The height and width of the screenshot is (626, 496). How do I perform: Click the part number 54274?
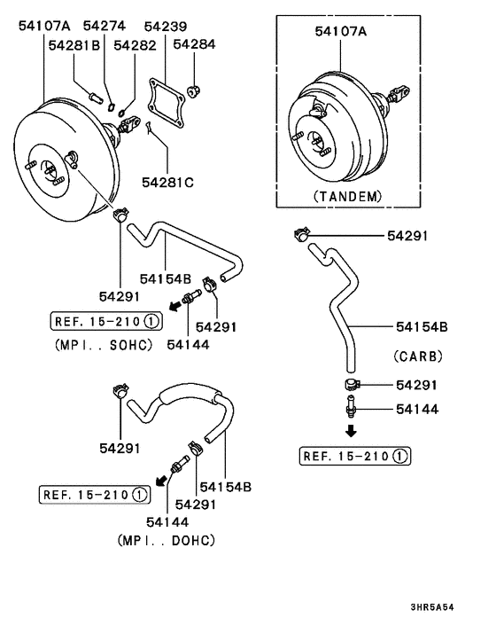pos(104,26)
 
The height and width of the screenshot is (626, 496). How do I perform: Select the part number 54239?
pos(166,27)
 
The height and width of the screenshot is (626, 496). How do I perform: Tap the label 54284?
pos(194,44)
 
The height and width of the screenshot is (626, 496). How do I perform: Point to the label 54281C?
pos(168,183)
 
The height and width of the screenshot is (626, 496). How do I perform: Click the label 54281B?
pos(74,45)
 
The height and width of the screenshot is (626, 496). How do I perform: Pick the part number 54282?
pos(135,45)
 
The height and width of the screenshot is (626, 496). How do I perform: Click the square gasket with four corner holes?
pos(167,104)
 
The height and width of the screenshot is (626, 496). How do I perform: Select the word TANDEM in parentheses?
pos(348,197)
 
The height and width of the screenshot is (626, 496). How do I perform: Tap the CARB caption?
pos(418,356)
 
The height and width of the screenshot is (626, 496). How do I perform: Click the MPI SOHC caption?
pos(104,345)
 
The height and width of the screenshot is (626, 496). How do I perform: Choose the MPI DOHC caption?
pos(167,541)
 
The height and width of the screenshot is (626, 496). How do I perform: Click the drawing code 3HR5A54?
pos(432,607)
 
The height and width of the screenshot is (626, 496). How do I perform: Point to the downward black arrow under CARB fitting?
pos(351,431)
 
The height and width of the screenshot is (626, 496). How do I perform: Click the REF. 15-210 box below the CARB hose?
pos(355,456)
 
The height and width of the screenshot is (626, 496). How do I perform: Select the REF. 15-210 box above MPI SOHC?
pos(106,321)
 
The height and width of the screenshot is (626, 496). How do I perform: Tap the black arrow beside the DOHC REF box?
pos(161,481)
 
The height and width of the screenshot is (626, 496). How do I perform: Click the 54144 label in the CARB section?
pos(417,410)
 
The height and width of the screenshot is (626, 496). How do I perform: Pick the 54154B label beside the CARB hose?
pos(422,327)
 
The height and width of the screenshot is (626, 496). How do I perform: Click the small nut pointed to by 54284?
pos(194,92)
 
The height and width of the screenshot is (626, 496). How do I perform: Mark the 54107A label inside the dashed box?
pos(341,31)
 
